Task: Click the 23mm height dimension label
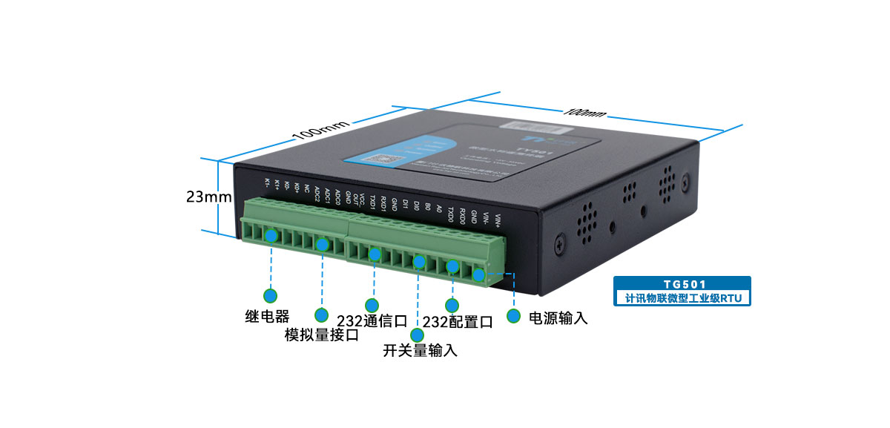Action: pos(209,197)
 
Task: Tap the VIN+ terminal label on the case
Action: pos(498,220)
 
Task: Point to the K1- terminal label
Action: pos(267,183)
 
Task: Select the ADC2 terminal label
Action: pos(317,194)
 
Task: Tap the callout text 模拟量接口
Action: pos(322,335)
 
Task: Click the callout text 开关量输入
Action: pos(420,350)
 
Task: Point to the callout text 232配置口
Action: pos(458,322)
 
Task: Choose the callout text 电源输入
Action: pos(558,318)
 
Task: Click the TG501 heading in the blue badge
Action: pos(682,284)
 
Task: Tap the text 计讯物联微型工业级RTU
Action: pos(682,298)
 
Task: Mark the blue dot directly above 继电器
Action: pos(271,294)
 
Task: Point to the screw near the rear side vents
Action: pos(685,180)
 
